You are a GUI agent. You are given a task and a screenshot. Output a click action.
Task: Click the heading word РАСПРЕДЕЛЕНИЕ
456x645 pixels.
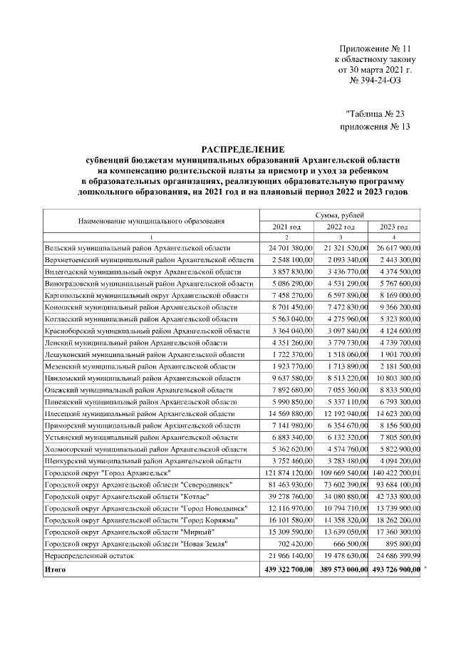coord(243,149)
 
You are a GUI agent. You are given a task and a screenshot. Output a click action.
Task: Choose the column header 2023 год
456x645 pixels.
coord(394,227)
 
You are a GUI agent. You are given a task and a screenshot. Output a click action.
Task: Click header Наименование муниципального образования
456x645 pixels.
coord(151,221)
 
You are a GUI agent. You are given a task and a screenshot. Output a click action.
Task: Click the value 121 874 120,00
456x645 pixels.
coord(286,473)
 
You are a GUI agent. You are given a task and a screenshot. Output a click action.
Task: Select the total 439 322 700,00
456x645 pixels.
coord(286,570)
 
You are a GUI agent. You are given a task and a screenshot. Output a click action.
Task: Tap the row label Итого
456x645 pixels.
coord(56,570)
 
